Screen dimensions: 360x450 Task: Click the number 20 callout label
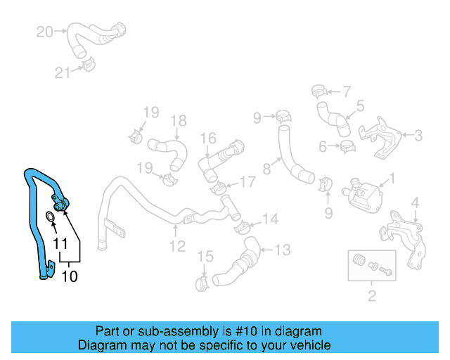tap(44, 31)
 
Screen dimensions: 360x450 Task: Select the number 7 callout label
tap(346, 91)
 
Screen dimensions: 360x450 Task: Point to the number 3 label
tap(418, 135)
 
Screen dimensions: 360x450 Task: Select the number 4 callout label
tap(415, 204)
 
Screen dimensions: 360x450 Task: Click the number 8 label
tap(266, 169)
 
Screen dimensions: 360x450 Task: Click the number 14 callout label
tap(271, 219)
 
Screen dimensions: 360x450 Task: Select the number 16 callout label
tap(208, 139)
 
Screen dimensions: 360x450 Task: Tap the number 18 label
tap(177, 120)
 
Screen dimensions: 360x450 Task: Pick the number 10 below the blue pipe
tap(70, 276)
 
